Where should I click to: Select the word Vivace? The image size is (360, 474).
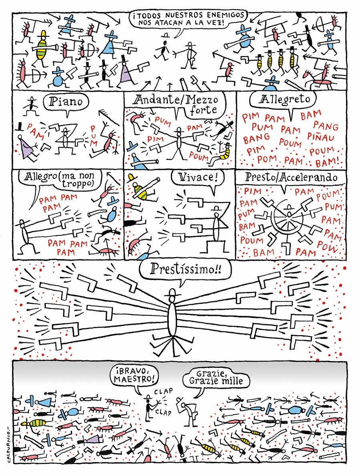click(x=197, y=177)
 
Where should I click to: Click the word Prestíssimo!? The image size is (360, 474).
click(x=186, y=268)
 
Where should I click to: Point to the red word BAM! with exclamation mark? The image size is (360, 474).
click(x=327, y=163)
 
